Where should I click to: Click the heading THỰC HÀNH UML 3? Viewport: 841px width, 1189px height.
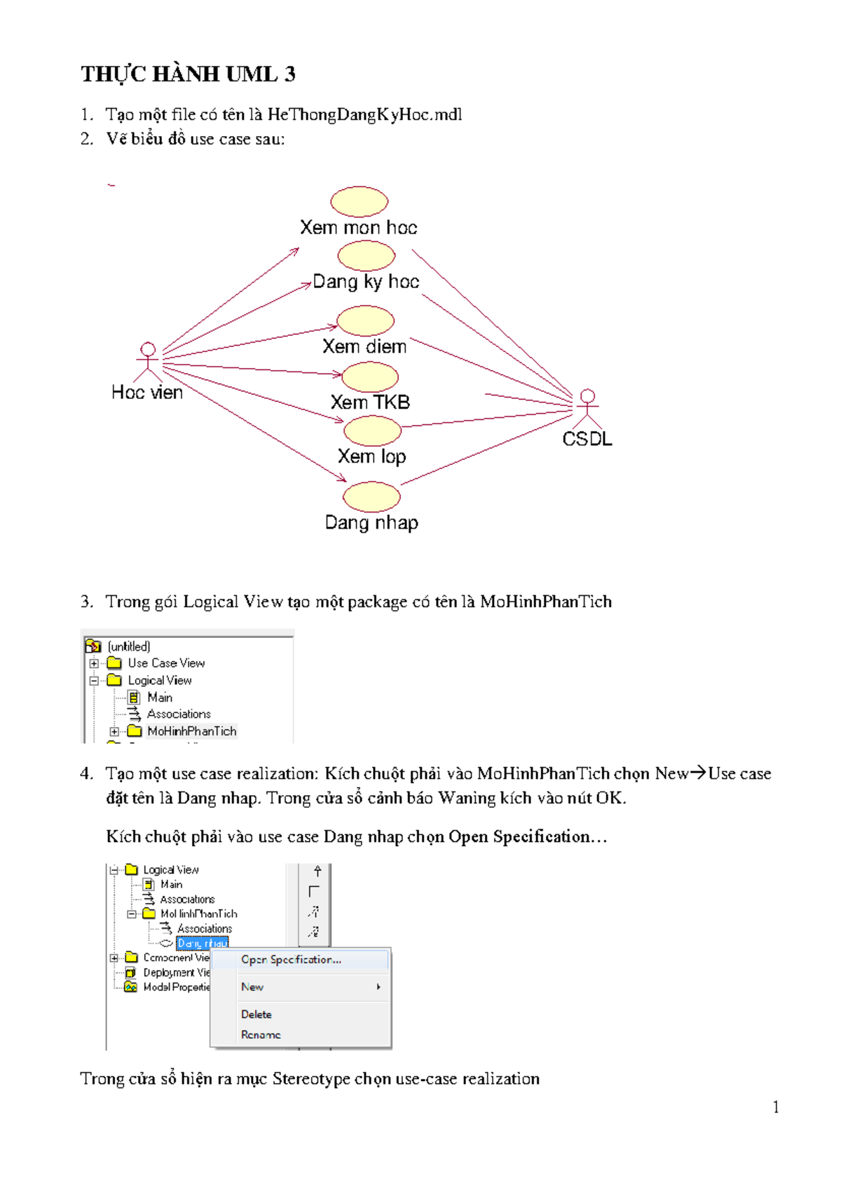coord(188,74)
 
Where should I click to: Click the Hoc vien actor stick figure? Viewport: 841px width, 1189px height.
coord(148,362)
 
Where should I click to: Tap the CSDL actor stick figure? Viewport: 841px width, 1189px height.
coord(587,409)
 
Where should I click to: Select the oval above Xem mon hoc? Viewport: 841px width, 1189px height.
coord(359,201)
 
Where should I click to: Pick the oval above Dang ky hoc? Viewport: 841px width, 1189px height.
coord(366,256)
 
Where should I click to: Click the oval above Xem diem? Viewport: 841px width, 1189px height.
coord(365,321)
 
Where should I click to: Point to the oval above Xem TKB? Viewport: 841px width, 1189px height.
coord(369,377)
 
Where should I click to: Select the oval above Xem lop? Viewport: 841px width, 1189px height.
coord(372,430)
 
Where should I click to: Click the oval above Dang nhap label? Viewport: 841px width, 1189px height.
coord(371,496)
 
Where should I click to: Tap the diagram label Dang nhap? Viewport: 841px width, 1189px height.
coord(371,522)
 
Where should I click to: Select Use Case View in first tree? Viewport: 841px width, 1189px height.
coord(165,663)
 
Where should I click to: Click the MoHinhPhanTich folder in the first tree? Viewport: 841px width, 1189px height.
coord(191,731)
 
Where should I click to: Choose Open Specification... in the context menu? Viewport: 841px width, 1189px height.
coord(291,960)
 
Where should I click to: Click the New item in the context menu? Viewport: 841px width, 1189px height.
coord(252,987)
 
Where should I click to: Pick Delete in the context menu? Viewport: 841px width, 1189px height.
coord(256,1014)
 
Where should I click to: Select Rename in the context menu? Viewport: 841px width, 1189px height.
coord(261,1035)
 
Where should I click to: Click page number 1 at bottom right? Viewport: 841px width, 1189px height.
coord(776,1107)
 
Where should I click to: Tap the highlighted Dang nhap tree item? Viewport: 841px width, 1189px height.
coord(203,944)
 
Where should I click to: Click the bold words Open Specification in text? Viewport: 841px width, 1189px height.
coord(519,836)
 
